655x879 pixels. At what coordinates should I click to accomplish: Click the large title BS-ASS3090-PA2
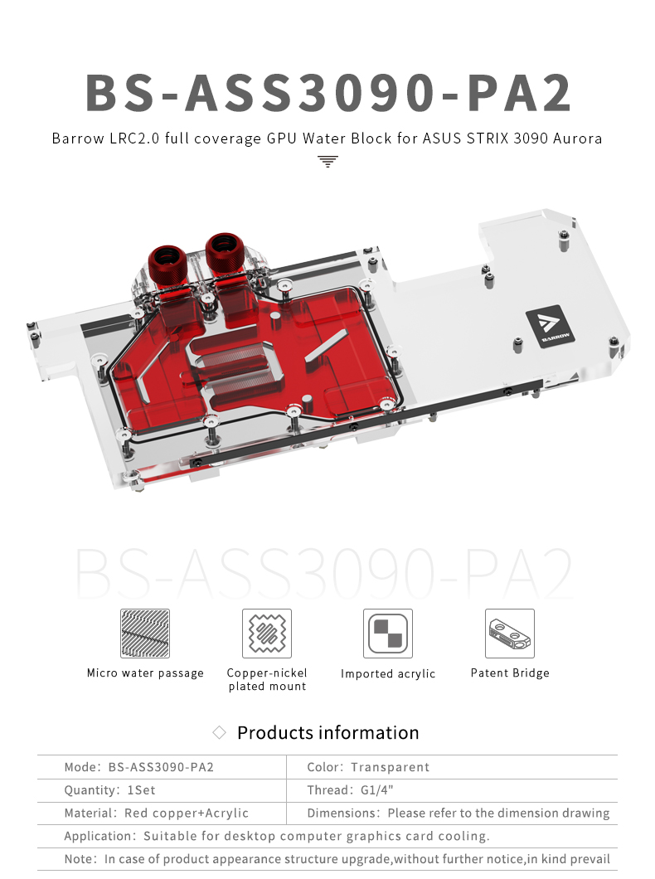tap(328, 93)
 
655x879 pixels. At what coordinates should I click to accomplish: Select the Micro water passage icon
tap(145, 634)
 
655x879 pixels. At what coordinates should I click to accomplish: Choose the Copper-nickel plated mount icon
tap(267, 634)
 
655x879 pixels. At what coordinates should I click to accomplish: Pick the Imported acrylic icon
tap(388, 634)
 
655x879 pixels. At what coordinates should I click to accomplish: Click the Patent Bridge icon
tap(510, 634)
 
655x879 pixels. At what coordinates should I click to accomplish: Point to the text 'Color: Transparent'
tap(368, 767)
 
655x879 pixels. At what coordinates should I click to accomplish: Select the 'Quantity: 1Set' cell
tap(110, 790)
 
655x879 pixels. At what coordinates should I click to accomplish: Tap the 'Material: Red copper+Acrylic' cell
tap(157, 813)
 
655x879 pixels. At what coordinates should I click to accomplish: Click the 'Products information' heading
tap(327, 733)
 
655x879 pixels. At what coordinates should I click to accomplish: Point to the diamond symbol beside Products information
tap(220, 732)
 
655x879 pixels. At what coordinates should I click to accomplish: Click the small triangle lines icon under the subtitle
tap(328, 161)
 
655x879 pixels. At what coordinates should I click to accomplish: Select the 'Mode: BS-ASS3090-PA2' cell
tap(139, 767)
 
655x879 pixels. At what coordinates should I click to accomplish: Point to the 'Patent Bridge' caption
tap(510, 673)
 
